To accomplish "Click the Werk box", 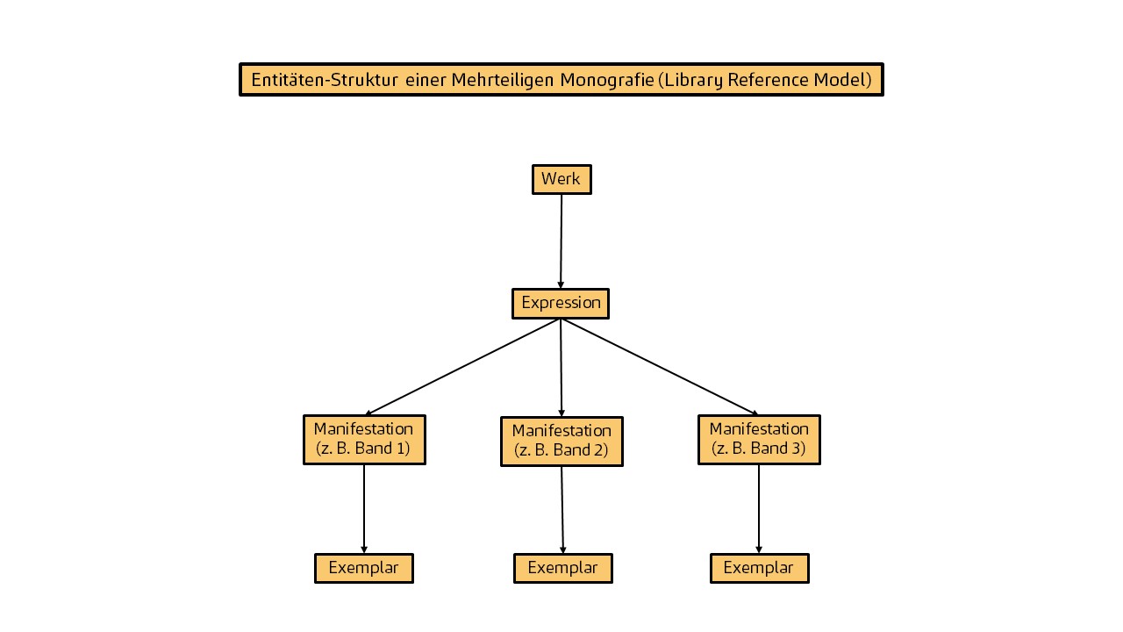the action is click(x=561, y=180).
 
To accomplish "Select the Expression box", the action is click(x=561, y=304).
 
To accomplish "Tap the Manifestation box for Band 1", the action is click(x=364, y=440).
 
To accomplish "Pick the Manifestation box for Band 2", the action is click(x=562, y=442).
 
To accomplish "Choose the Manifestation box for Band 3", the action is click(x=759, y=440).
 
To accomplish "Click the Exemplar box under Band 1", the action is click(x=364, y=568).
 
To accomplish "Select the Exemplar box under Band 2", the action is click(x=563, y=568).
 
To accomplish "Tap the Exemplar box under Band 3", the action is click(x=760, y=568).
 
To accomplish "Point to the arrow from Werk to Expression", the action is click(x=561, y=241).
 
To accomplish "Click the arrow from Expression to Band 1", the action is click(x=462, y=367).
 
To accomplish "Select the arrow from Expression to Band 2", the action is click(x=561, y=368).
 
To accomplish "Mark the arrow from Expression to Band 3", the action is click(x=660, y=367).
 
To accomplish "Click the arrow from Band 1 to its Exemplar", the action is click(x=364, y=509).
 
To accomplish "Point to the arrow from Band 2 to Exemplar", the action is click(x=562, y=510).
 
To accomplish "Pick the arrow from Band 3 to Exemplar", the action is click(x=759, y=509).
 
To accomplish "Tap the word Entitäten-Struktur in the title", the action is click(x=325, y=80).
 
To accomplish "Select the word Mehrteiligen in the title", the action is click(x=503, y=80).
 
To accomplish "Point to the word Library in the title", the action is click(x=693, y=80).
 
